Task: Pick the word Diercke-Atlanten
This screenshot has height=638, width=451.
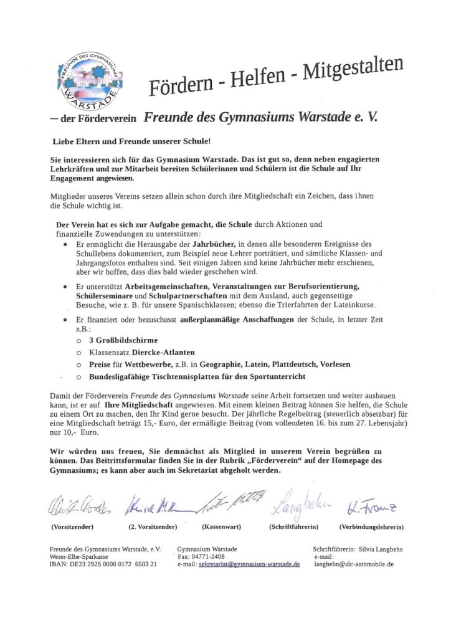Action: click(x=164, y=352)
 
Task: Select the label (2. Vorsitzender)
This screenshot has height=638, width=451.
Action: click(x=153, y=527)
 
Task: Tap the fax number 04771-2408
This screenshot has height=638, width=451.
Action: click(x=211, y=556)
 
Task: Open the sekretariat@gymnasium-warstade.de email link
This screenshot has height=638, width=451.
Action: click(x=250, y=564)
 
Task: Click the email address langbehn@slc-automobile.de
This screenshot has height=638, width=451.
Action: click(x=353, y=564)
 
